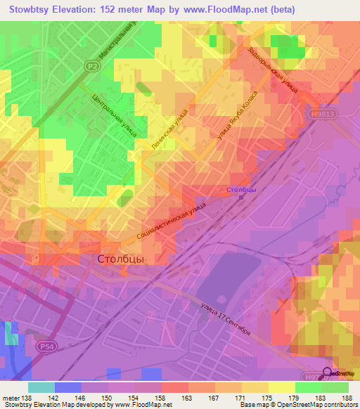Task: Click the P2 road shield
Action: (91, 66)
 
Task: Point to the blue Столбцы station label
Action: (241, 190)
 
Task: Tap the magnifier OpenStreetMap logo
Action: (328, 373)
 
